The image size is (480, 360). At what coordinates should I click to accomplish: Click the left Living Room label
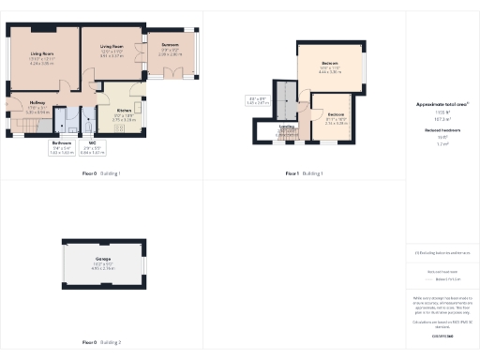40,53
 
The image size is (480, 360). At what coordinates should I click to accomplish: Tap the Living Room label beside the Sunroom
112,45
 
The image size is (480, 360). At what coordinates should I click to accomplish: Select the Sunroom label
170,44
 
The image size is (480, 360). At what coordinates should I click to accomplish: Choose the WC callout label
92,144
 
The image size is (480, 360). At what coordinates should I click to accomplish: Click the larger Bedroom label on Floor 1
328,63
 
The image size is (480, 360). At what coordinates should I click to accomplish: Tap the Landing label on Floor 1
287,126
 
